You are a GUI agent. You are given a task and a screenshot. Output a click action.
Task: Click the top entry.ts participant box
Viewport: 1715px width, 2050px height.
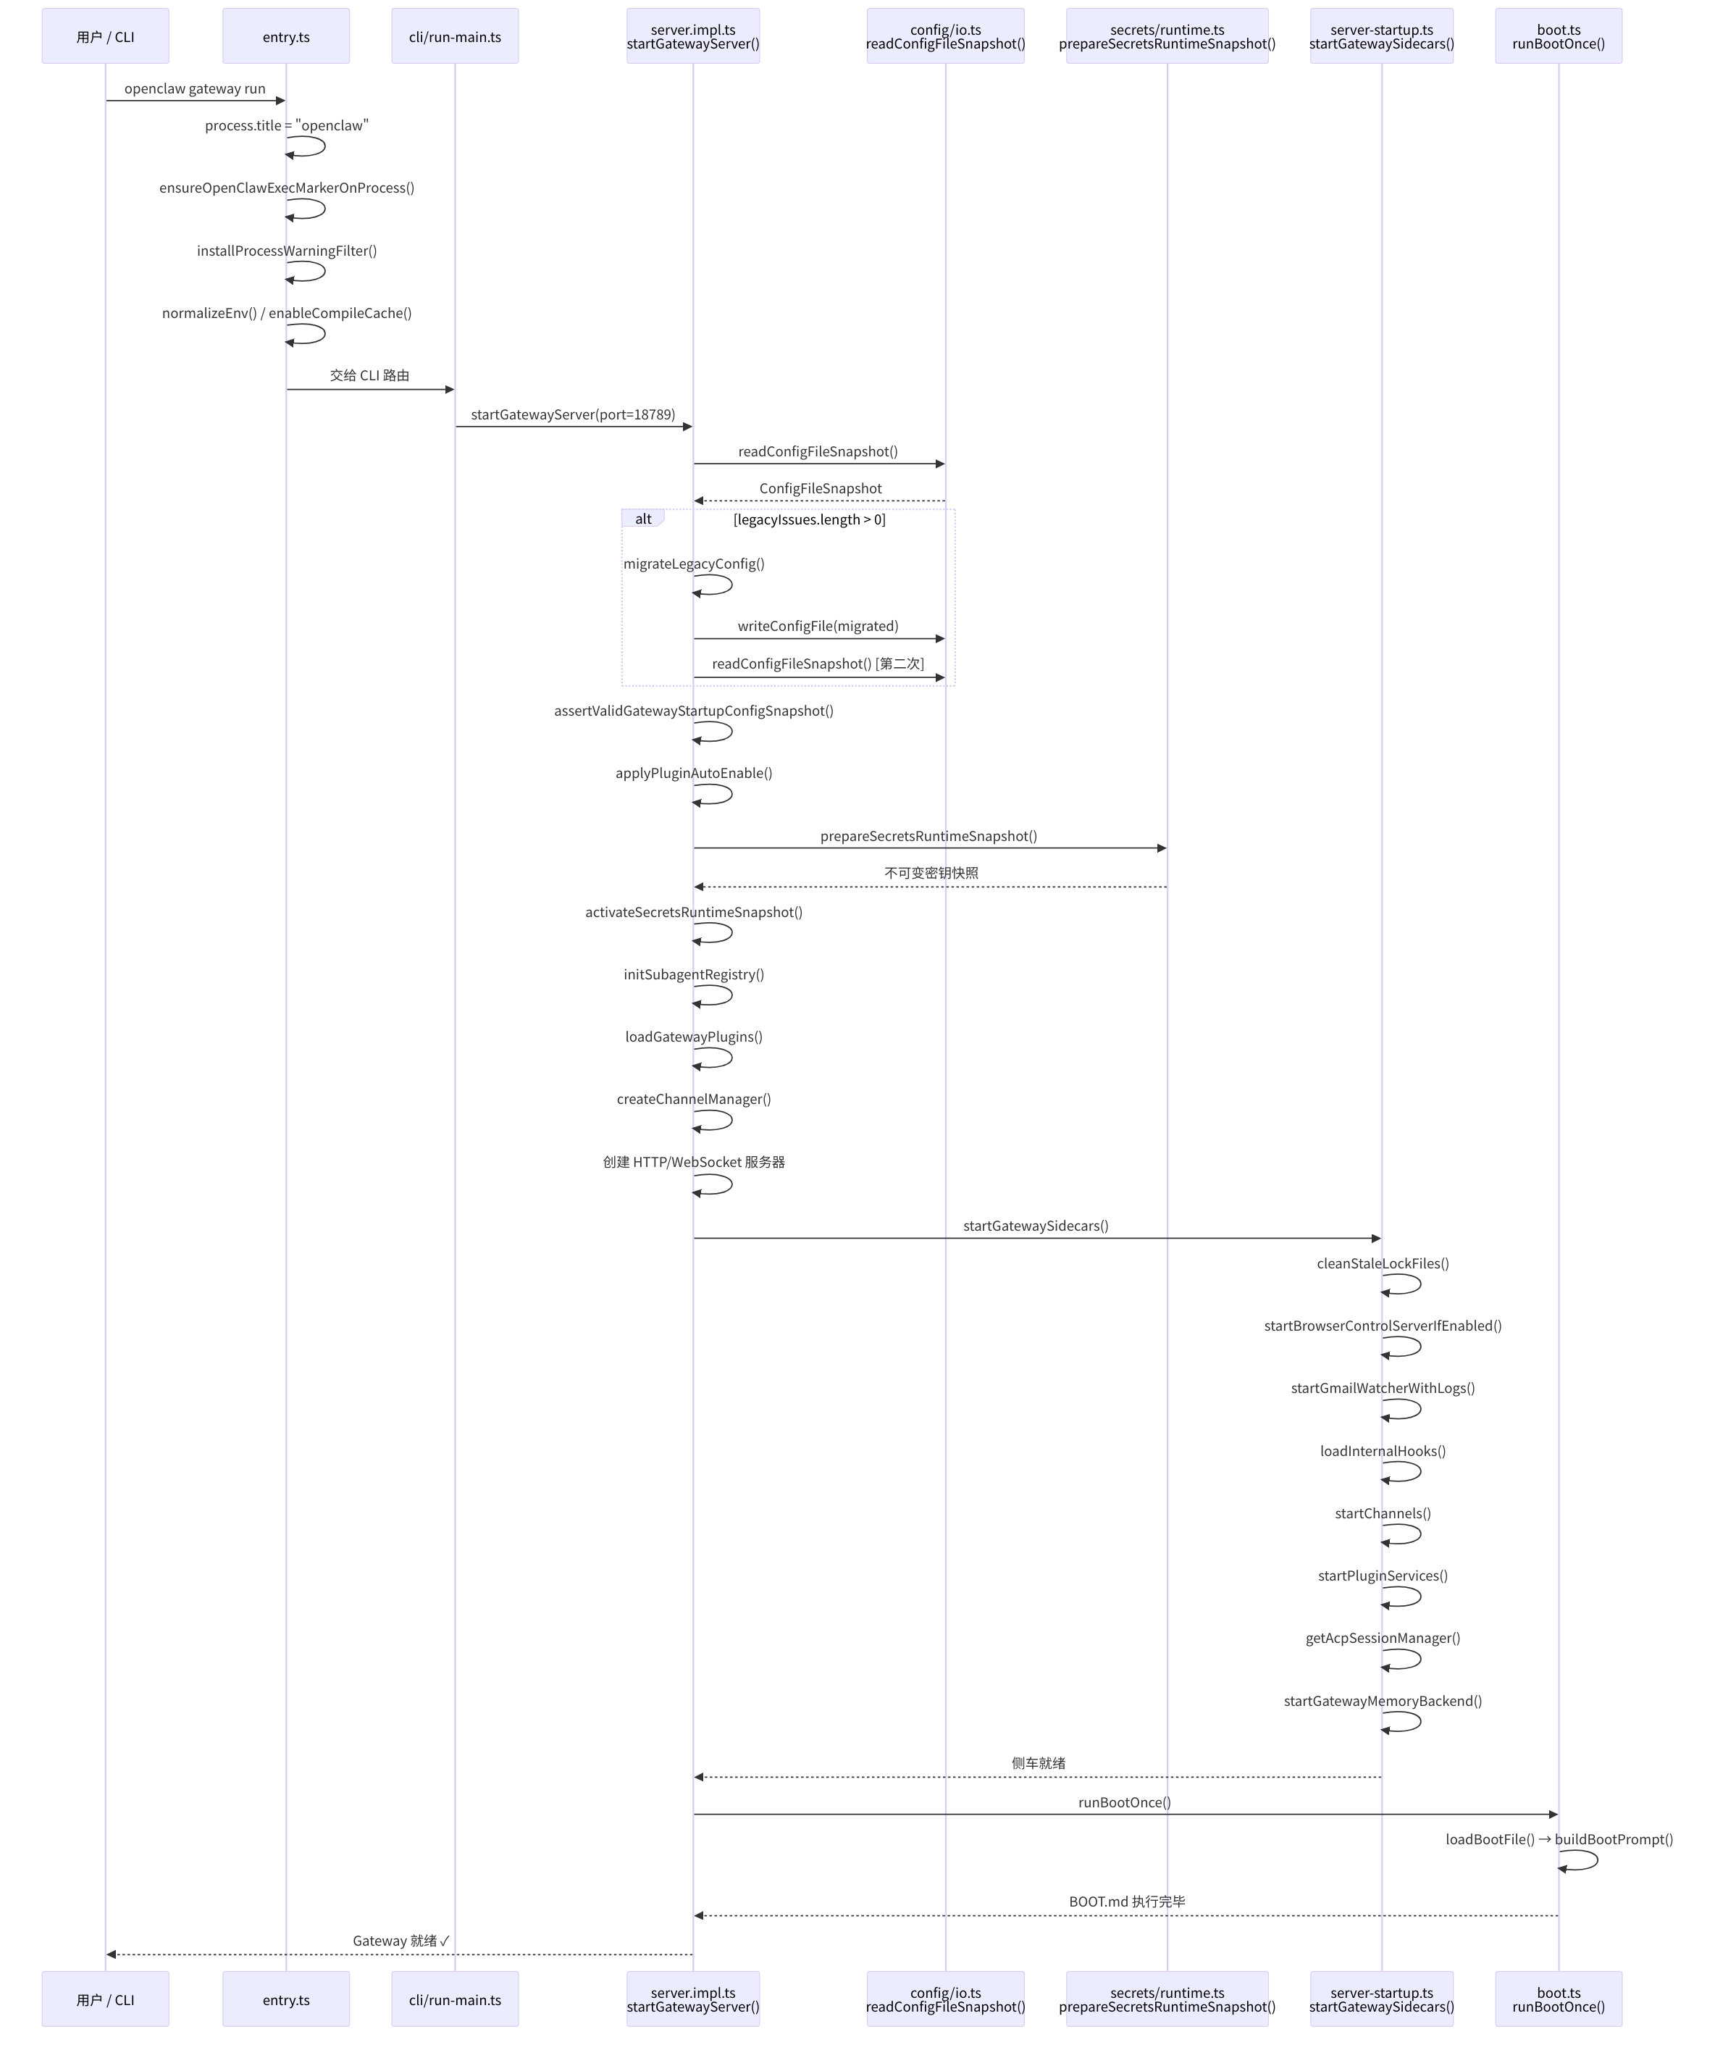click(286, 37)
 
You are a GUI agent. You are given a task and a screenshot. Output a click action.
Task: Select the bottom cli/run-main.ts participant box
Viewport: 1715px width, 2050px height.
click(455, 1999)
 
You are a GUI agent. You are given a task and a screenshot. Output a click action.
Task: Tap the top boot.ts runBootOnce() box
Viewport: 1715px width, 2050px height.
click(1558, 37)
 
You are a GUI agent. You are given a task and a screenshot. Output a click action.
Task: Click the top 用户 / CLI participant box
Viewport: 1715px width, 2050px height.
click(106, 37)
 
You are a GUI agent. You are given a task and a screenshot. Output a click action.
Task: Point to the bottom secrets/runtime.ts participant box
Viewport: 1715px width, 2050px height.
click(1167, 1999)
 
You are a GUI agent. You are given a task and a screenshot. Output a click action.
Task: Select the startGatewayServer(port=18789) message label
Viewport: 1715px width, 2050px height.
click(573, 415)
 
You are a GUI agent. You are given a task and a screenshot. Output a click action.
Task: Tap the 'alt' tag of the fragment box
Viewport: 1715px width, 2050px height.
click(643, 519)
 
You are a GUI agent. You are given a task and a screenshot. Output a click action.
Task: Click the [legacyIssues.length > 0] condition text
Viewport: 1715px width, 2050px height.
click(809, 519)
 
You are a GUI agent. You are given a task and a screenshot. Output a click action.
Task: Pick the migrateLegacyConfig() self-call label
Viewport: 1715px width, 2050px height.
click(694, 564)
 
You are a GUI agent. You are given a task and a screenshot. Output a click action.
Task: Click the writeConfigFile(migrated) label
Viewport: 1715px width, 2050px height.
click(818, 627)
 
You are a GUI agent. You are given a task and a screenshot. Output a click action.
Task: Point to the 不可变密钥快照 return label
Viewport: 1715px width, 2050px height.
click(931, 874)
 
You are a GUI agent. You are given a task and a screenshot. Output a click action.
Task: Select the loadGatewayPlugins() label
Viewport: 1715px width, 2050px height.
click(694, 1037)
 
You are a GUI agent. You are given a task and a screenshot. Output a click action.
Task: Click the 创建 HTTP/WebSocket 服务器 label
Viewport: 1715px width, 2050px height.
click(694, 1163)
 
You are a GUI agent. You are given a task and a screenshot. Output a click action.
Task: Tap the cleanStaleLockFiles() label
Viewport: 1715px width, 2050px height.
click(1382, 1264)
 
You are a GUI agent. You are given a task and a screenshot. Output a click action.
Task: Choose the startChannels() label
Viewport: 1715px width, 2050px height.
click(1382, 1514)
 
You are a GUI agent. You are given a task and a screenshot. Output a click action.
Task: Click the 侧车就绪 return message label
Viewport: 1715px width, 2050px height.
click(1039, 1764)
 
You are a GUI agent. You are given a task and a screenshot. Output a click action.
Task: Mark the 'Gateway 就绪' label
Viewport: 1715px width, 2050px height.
click(401, 1941)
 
